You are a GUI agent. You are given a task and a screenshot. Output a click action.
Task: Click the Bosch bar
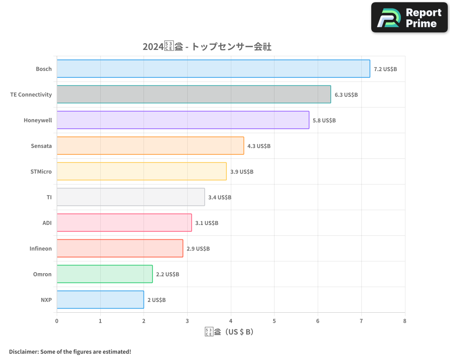pos(213,69)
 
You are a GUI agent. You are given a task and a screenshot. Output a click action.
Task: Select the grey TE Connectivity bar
pos(193,94)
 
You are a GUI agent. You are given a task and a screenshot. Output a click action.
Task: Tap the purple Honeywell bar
pos(183,120)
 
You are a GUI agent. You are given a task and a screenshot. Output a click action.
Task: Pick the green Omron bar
pos(104,274)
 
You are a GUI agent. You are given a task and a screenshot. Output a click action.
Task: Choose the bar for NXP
pos(100,300)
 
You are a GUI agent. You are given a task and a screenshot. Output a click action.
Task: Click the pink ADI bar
pos(124,223)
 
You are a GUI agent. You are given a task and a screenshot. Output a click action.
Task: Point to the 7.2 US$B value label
pos(385,69)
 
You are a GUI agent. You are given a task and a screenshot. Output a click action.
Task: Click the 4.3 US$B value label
pos(259,146)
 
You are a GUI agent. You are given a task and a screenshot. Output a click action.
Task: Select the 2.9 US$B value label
pos(198,249)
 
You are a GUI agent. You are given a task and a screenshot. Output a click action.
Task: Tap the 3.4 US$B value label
pos(220,198)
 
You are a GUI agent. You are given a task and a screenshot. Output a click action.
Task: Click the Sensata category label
pos(41,146)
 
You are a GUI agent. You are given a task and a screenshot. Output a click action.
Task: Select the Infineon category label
pos(40,248)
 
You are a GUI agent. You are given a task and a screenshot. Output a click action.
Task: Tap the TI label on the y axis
pos(49,197)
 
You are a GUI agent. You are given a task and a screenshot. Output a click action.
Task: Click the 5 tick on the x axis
pos(274,321)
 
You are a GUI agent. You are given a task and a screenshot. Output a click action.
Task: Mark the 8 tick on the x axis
pos(405,321)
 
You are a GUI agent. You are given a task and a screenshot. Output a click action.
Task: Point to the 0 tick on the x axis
pos(57,321)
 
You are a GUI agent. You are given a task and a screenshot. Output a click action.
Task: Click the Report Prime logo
pos(409,18)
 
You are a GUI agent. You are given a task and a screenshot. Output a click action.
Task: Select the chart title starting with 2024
pos(207,47)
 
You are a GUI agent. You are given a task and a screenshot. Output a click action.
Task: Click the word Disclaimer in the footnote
pos(23,351)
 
